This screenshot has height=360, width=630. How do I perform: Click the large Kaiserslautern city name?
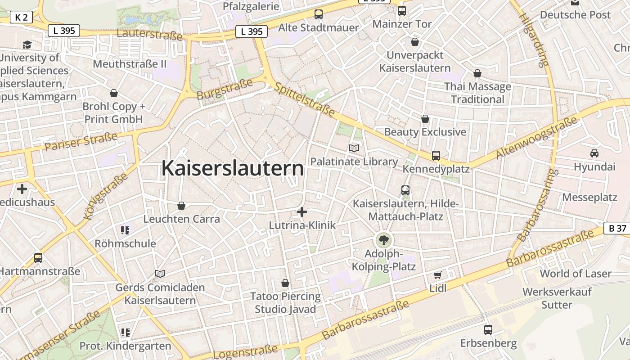coord(233,168)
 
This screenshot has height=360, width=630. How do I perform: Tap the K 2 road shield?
coord(21,18)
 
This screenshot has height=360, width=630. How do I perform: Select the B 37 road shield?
coord(617,228)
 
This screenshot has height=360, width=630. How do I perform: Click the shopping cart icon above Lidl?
coord(438,275)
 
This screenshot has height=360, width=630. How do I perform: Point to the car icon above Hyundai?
coord(594,153)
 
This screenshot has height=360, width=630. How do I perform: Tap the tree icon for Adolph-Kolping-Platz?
coord(383,240)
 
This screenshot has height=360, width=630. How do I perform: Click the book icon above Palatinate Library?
coord(354,148)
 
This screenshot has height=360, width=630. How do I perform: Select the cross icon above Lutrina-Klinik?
coord(302,212)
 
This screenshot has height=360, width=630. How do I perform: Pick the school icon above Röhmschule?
coord(125,231)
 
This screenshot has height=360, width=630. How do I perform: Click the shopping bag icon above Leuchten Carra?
coord(181,206)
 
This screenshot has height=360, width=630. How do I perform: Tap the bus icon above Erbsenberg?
coord(488,330)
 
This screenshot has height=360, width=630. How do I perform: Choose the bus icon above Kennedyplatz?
coord(436,156)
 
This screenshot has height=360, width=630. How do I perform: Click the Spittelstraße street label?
coord(305,99)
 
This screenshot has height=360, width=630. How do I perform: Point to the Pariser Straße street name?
coord(81,142)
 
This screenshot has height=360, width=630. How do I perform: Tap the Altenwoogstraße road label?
coord(536,138)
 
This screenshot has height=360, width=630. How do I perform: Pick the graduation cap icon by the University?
coord(27,45)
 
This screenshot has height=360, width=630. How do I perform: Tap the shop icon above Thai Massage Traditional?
coord(477,73)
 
